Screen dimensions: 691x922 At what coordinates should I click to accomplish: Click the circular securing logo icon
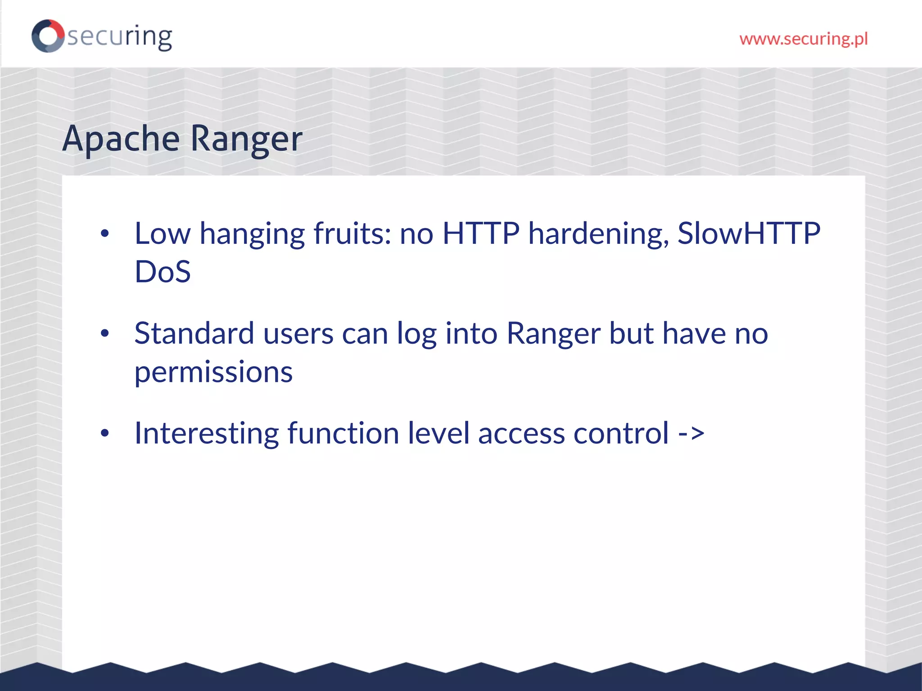tap(48, 36)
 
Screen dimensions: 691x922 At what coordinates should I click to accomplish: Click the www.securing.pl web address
tap(803, 39)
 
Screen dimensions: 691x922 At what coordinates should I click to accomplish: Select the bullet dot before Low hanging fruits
tap(105, 233)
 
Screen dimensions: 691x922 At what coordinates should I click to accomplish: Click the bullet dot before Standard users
tap(105, 333)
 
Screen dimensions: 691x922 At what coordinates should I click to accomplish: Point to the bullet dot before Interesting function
tap(105, 433)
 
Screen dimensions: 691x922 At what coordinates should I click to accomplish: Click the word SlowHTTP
tap(749, 233)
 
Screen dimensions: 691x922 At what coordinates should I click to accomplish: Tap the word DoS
tap(163, 272)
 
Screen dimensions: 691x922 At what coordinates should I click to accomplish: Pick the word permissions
tap(213, 372)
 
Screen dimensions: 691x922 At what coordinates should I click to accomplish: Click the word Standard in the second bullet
tap(194, 333)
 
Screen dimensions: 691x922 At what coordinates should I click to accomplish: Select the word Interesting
tap(207, 433)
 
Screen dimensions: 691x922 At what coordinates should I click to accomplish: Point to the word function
tap(343, 433)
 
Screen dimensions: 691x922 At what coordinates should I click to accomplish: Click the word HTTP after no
tap(481, 233)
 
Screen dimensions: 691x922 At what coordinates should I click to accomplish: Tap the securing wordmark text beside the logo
tap(120, 37)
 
